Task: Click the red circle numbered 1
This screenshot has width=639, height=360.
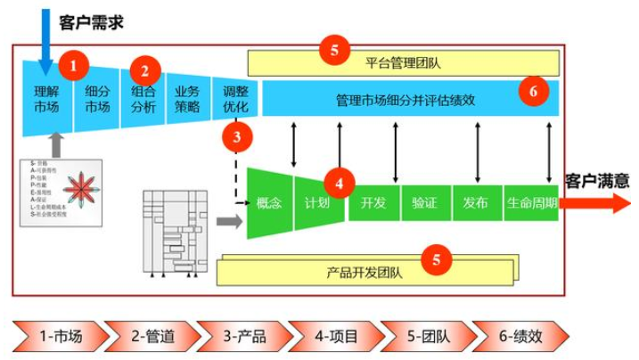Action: tap(74, 64)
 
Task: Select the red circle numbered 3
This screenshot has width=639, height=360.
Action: tap(236, 137)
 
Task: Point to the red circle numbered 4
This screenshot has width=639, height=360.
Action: tap(340, 183)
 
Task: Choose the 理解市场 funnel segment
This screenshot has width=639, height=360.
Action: tap(45, 98)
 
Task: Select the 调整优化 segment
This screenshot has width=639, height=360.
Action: tap(236, 99)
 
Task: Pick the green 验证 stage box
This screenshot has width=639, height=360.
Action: tap(424, 203)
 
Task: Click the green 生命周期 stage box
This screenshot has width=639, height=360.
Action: tap(531, 203)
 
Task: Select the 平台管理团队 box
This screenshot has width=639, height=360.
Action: tap(403, 63)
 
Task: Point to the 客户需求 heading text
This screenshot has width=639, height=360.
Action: tap(90, 22)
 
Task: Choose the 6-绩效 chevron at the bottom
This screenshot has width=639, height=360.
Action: tap(520, 336)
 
